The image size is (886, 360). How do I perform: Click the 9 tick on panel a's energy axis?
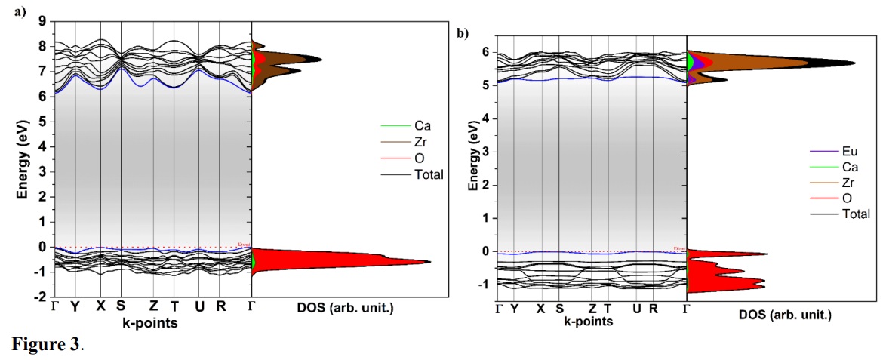click(43, 21)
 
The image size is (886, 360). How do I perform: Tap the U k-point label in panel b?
click(636, 309)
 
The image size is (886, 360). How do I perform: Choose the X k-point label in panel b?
click(540, 309)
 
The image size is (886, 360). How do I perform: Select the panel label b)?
click(462, 33)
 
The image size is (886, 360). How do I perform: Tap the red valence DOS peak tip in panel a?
click(429, 262)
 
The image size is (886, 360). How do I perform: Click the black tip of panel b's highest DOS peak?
click(854, 63)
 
